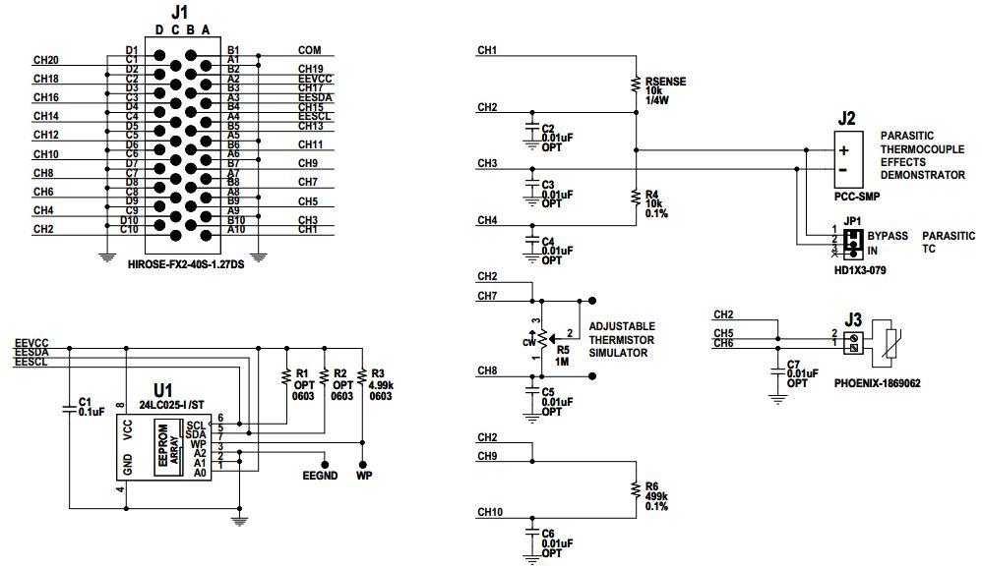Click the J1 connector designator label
coord(178,13)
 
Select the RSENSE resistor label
coord(666,81)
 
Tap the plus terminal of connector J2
coord(843,150)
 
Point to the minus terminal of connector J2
coord(843,169)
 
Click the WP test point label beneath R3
coord(363,475)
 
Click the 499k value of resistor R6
coord(656,496)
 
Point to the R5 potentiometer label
coord(563,349)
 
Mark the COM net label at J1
coord(310,49)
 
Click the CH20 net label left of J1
coord(45,60)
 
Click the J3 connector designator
coord(853,319)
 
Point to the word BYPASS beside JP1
coord(889,237)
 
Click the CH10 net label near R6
coord(489,512)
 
